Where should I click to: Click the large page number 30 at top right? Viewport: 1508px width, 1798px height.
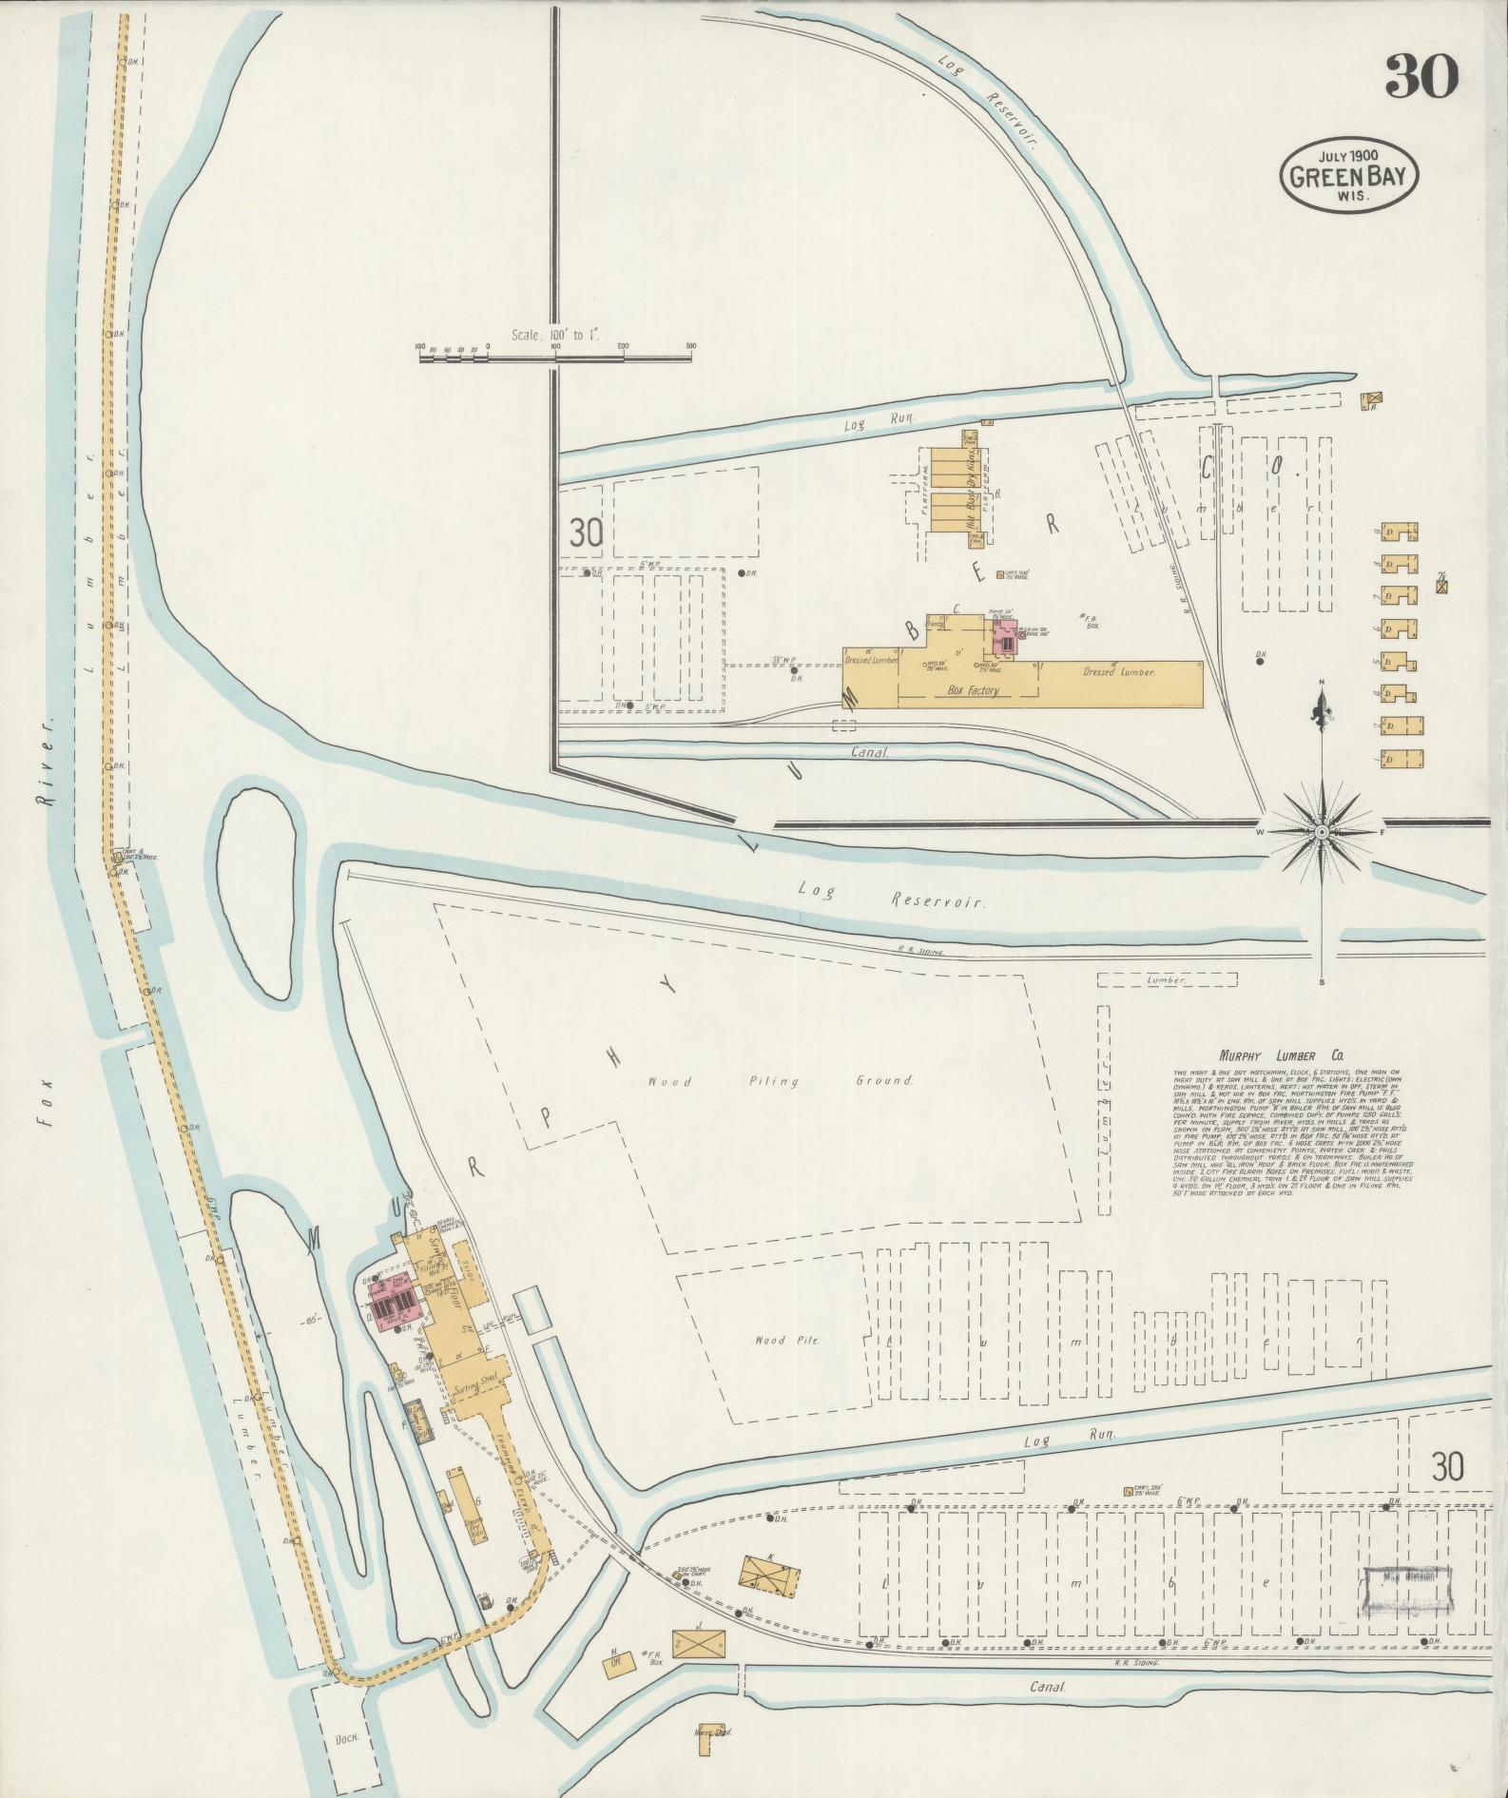(x=1421, y=76)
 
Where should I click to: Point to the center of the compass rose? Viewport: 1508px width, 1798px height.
(x=1320, y=832)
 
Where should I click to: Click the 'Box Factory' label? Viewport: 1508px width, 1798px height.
(x=972, y=691)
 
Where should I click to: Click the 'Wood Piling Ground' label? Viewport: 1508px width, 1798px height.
(x=780, y=1081)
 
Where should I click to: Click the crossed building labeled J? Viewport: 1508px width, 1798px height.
(x=700, y=1642)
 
